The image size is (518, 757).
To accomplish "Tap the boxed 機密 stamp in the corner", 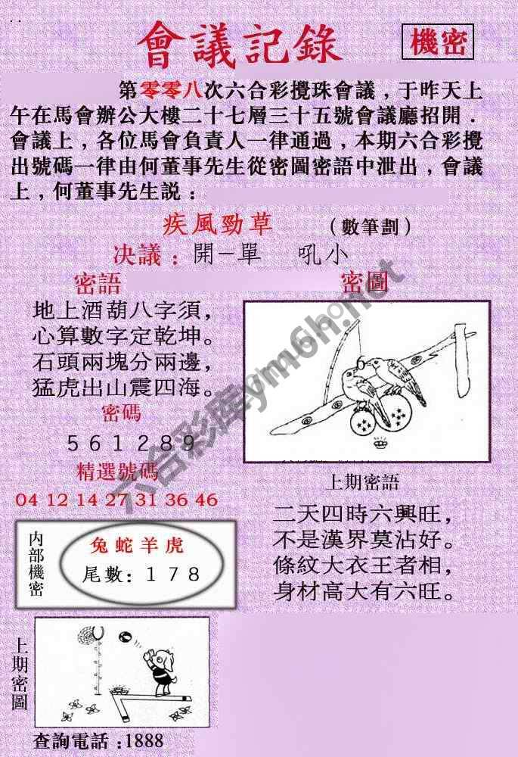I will pyautogui.click(x=438, y=42).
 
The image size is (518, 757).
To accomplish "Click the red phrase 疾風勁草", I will pyautogui.click(x=218, y=225).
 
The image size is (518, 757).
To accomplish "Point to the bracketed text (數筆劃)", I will pyautogui.click(x=371, y=226).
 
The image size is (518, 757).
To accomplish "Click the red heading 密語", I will pyautogui.click(x=98, y=284).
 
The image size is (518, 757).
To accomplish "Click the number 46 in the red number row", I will pyautogui.click(x=206, y=500).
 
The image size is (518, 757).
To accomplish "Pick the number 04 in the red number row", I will pyautogui.click(x=26, y=500).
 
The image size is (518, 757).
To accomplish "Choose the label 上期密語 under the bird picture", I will pyautogui.click(x=362, y=482).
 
